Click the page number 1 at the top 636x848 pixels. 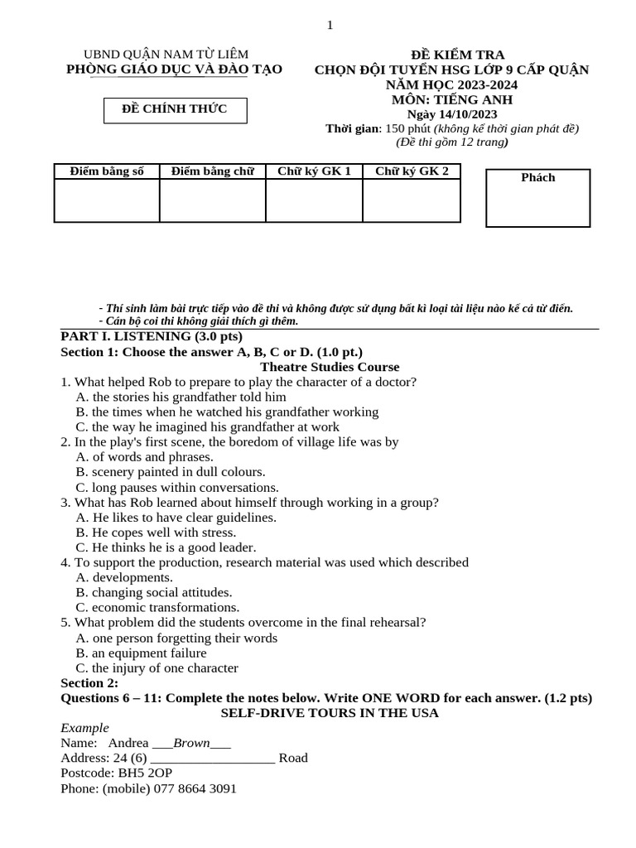[330, 25]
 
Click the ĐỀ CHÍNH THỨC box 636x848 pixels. [175, 109]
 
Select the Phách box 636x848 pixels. [537, 197]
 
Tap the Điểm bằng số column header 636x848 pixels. [107, 171]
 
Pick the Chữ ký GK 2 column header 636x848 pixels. [412, 171]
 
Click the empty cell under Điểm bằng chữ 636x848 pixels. [212, 200]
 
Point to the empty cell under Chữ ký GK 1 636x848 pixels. [314, 200]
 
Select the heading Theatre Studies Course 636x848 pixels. [330, 367]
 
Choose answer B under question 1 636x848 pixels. [227, 412]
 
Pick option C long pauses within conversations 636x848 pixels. [177, 487]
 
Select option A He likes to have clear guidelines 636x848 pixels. [176, 518]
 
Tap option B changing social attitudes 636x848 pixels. [154, 592]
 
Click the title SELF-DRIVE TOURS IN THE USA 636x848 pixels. [330, 713]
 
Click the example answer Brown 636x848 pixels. [191, 743]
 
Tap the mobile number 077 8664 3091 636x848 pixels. [195, 788]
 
